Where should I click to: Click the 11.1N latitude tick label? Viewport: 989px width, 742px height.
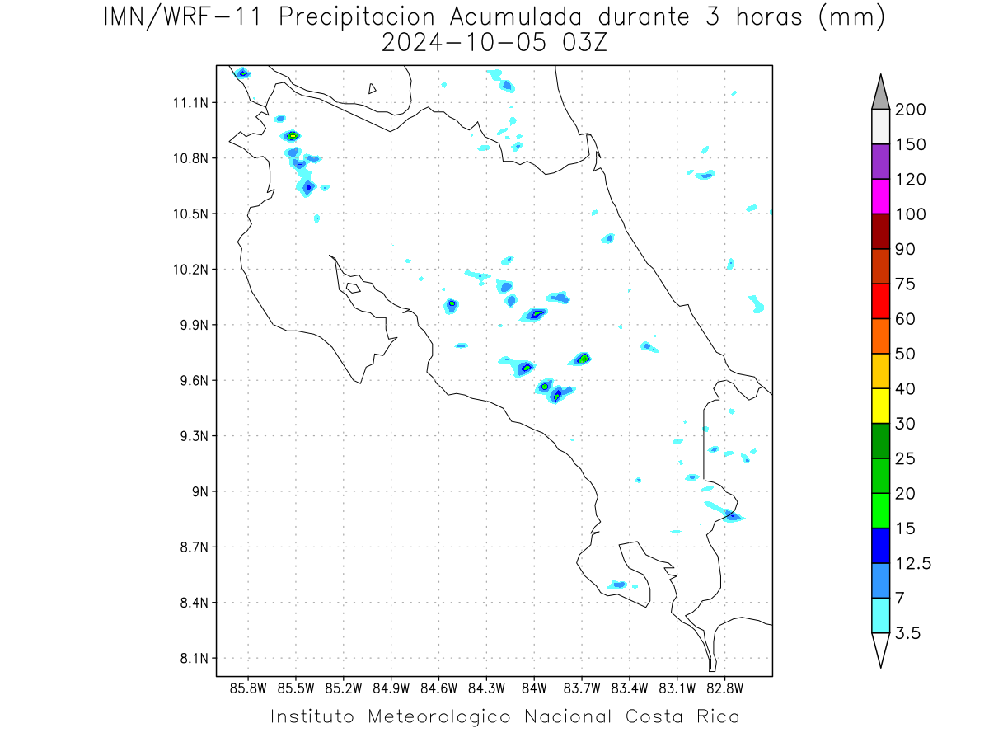coord(190,103)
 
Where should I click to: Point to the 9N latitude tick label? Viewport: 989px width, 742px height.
coord(200,491)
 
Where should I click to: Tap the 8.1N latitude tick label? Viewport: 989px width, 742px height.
coord(195,658)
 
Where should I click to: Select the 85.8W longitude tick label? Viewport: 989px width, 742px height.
coord(248,689)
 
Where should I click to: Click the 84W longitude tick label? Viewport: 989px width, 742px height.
coord(534,689)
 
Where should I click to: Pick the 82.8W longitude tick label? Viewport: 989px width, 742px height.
coord(724,689)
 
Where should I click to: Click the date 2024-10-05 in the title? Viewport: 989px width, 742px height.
coord(464,43)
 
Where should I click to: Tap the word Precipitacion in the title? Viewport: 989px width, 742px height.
coord(356,17)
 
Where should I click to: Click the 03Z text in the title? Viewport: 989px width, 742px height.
coord(584,43)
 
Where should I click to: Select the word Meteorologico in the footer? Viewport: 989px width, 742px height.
coord(439,716)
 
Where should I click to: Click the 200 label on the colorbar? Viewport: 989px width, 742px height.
coord(910,110)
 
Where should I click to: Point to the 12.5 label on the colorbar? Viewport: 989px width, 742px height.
coord(913,564)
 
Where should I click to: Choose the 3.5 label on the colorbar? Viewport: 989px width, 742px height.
coord(907,633)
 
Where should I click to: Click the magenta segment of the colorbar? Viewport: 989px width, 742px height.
coord(880,196)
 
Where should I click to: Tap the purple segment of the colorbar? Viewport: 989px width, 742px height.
coord(880,162)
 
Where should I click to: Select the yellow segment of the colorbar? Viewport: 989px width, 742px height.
coord(880,406)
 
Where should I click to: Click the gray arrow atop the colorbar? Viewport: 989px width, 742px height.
coord(880,93)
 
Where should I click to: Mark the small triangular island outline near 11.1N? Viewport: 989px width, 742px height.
coord(371,89)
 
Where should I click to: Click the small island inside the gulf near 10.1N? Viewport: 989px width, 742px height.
coord(354,288)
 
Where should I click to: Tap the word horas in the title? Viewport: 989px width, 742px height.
coord(769,17)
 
